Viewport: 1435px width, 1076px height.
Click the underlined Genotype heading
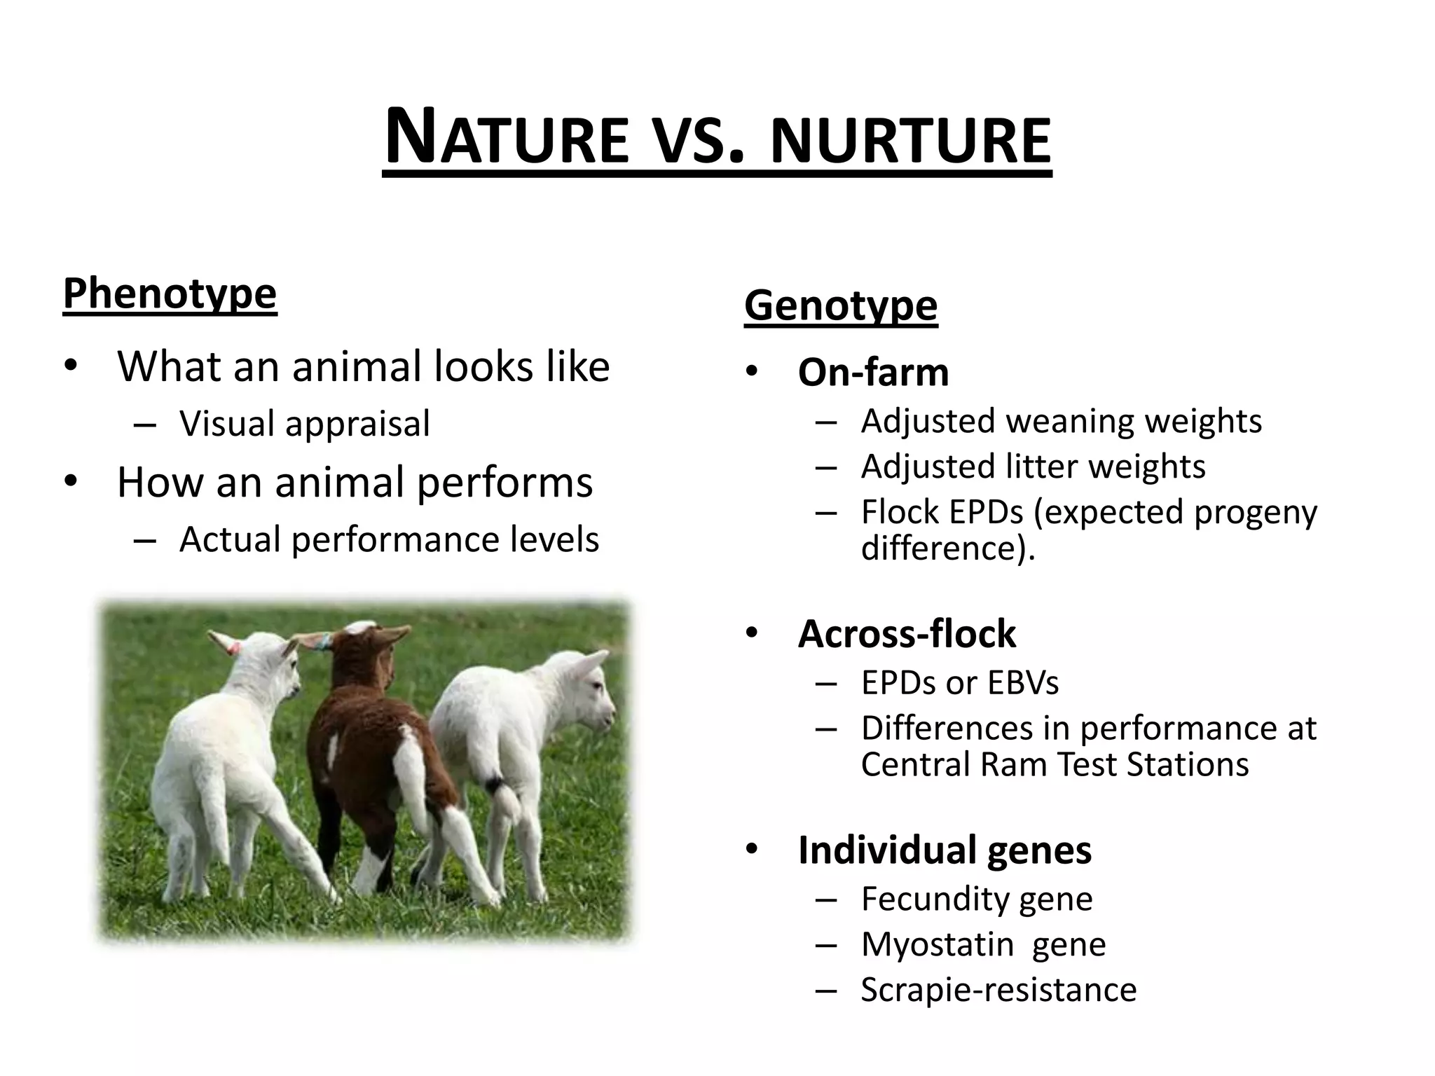(840, 305)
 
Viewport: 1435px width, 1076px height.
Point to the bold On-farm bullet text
(873, 372)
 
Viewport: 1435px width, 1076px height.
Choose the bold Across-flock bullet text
(907, 634)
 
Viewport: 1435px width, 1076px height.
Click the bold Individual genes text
(944, 850)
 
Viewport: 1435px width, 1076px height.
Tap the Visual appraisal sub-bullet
(304, 424)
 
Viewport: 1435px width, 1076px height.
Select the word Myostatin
(938, 944)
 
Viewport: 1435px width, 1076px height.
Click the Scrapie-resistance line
(998, 990)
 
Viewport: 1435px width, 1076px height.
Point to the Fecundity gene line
(976, 899)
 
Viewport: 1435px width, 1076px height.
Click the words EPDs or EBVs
(959, 683)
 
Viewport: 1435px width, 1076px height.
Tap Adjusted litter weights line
(1033, 467)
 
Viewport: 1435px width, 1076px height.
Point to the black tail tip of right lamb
(496, 785)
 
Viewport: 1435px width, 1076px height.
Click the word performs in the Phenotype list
(504, 483)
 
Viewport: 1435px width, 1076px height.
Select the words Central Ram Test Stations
(1054, 764)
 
